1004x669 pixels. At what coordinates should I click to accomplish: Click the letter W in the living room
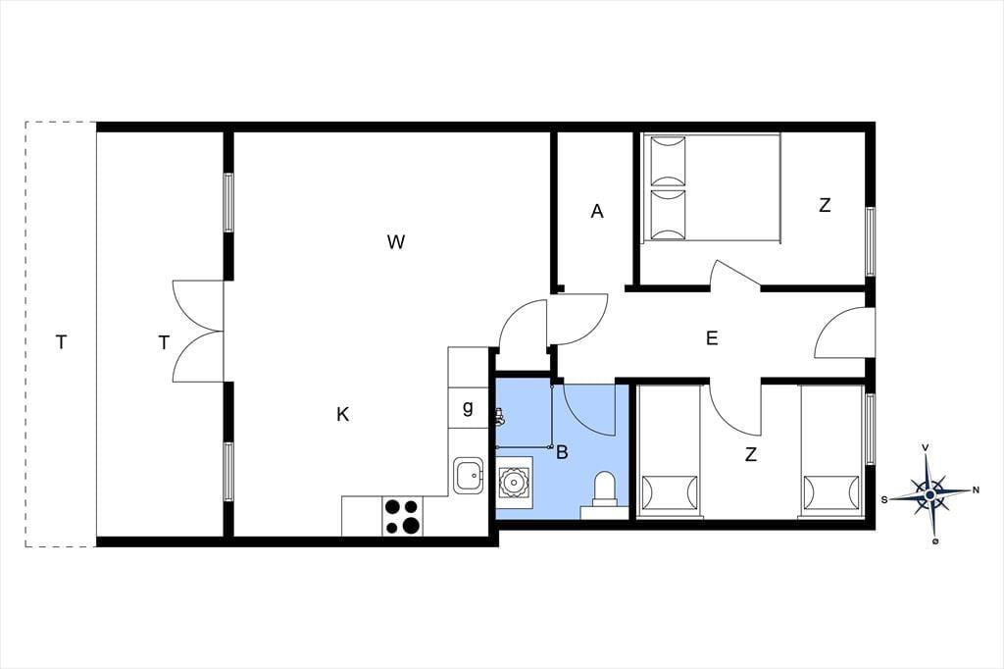[x=396, y=242]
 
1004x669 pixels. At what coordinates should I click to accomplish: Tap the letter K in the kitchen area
[x=342, y=415]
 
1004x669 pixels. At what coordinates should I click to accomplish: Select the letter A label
[x=597, y=211]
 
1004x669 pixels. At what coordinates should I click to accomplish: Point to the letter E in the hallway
[x=712, y=337]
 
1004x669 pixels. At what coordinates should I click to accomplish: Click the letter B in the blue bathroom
[x=562, y=452]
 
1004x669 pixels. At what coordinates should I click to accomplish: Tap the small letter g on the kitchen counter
[x=468, y=407]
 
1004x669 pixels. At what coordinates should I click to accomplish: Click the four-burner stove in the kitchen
[x=403, y=517]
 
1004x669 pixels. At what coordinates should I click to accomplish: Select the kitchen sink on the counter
[x=469, y=476]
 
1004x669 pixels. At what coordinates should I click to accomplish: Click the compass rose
[x=929, y=494]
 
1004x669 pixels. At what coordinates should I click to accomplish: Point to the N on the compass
[x=976, y=490]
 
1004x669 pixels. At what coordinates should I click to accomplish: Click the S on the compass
[x=884, y=500]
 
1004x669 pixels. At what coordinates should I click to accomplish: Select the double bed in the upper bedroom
[x=712, y=187]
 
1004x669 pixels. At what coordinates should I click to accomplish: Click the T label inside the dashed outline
[x=61, y=342]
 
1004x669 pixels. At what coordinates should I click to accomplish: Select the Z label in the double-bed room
[x=825, y=206]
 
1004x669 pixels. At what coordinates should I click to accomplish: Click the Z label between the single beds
[x=750, y=454]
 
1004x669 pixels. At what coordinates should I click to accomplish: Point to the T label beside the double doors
[x=164, y=343]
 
